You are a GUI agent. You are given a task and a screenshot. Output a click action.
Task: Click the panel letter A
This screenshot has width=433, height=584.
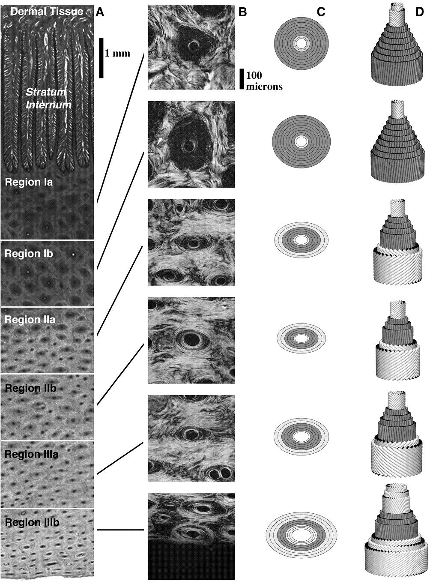[x=100, y=12]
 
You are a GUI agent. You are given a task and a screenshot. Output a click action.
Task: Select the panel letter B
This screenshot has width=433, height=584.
[x=243, y=12]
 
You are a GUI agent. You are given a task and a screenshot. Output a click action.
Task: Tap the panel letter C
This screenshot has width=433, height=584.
[x=321, y=12]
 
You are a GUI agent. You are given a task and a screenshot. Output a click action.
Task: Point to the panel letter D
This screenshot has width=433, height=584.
[x=419, y=12]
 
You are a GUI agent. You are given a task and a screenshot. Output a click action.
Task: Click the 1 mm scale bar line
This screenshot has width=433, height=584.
[x=102, y=58]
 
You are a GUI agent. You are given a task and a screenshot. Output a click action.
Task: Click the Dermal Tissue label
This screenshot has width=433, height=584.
[x=47, y=12]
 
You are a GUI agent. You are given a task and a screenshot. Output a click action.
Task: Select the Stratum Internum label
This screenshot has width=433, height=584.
[x=48, y=98]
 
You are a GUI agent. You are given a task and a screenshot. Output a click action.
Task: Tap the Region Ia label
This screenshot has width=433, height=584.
[x=29, y=182]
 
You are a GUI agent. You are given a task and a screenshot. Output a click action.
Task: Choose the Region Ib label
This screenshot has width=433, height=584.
[x=29, y=254]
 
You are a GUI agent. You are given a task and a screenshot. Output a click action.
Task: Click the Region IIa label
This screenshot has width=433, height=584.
[x=30, y=320]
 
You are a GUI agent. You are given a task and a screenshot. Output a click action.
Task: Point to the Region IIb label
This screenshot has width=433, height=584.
[x=30, y=388]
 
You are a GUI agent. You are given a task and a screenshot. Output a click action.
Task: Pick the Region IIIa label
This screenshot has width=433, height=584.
[x=31, y=454]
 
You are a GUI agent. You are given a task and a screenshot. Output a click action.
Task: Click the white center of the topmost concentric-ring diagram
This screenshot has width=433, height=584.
[x=301, y=43]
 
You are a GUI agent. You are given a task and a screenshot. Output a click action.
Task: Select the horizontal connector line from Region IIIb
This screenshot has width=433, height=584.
[x=120, y=530]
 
